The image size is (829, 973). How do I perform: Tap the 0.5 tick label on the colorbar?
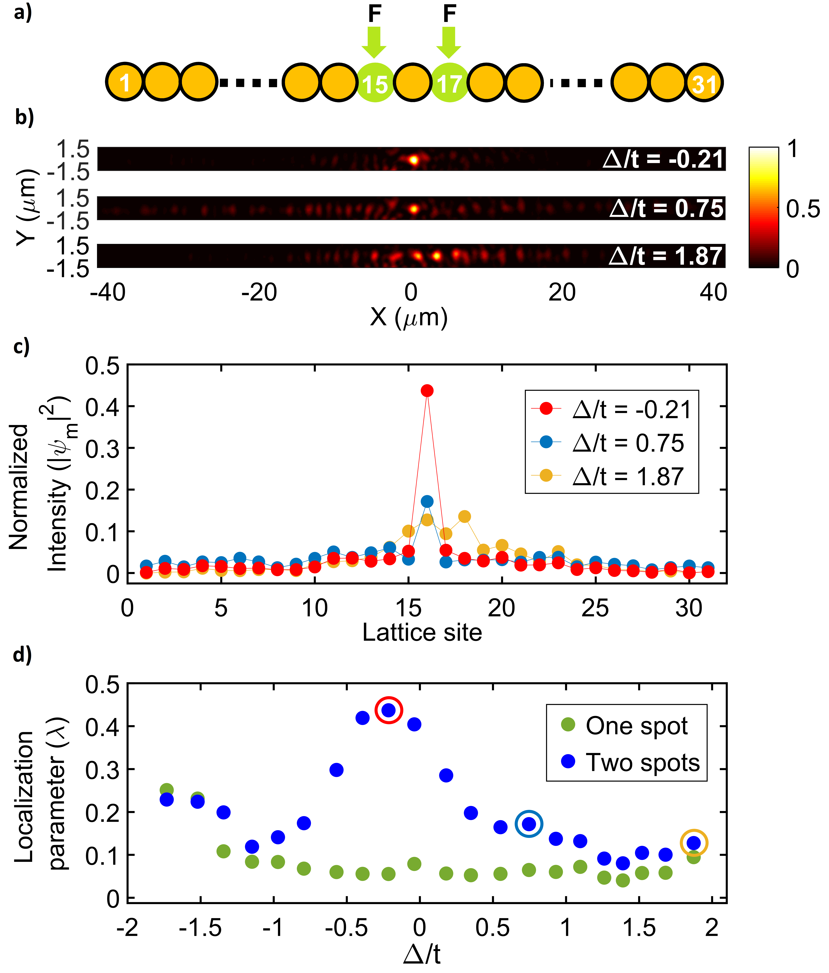click(x=803, y=209)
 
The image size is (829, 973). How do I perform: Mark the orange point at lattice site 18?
click(x=464, y=517)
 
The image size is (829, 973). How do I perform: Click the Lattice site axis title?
click(x=422, y=632)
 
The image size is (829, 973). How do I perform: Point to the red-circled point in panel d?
click(x=389, y=710)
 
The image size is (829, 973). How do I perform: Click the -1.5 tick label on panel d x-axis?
click(x=200, y=928)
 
